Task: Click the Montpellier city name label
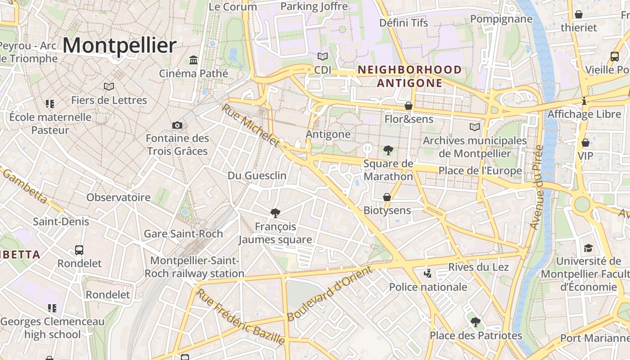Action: [119, 46]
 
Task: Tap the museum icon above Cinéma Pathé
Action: [193, 60]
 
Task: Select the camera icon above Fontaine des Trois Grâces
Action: [177, 125]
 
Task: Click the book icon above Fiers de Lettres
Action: [109, 86]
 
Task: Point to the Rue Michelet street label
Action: [251, 126]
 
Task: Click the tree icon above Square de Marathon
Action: [387, 150]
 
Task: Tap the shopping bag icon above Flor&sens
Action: [409, 106]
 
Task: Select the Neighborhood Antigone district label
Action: [409, 76]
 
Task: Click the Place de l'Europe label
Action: [480, 171]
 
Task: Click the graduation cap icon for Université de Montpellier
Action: [588, 248]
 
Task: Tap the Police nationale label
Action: [428, 287]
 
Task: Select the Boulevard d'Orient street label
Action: [330, 293]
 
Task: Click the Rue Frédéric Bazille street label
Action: [241, 317]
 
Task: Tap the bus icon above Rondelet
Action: [79, 250]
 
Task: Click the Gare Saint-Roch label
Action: [183, 234]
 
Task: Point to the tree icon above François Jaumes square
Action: [275, 213]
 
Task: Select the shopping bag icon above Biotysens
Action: [387, 197]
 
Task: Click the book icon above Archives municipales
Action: [475, 127]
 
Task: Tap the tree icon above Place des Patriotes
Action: [476, 322]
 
